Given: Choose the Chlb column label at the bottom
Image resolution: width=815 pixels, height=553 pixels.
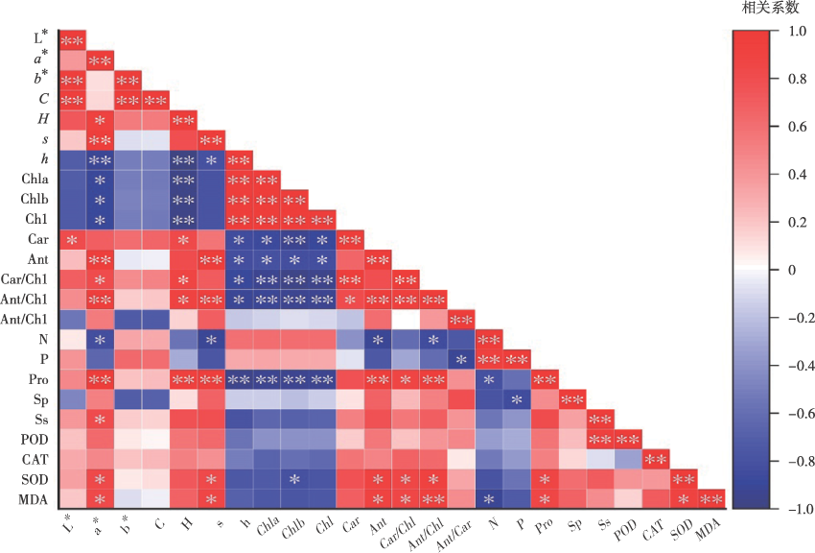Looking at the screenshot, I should [292, 524].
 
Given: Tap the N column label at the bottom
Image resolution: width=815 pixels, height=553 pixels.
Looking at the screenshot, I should [491, 520].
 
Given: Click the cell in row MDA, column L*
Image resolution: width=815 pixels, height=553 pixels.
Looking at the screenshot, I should [72, 497].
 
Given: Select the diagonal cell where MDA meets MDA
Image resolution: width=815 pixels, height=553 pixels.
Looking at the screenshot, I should [711, 497].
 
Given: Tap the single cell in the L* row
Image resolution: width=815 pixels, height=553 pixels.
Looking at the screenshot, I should [72, 40].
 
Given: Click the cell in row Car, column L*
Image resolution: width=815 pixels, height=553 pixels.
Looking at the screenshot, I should [72, 239].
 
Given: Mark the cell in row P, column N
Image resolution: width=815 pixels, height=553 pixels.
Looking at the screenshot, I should [489, 358].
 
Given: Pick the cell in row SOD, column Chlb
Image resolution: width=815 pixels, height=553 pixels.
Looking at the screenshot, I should [294, 478].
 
